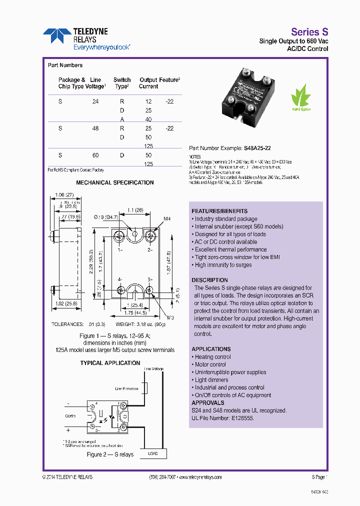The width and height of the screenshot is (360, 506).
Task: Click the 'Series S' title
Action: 309,31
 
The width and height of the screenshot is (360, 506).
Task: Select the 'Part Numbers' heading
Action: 65,65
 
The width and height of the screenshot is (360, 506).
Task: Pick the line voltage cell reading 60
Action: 95,155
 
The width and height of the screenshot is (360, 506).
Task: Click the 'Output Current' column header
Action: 148,83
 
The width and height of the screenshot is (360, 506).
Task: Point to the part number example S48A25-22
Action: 258,148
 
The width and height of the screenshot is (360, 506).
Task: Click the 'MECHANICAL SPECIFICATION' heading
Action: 115,182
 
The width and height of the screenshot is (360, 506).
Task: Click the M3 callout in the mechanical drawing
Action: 170,317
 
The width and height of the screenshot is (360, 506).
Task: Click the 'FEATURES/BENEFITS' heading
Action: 219,211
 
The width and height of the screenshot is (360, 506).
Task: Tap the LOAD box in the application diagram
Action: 153,453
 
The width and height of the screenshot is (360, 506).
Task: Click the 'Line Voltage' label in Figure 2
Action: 153,369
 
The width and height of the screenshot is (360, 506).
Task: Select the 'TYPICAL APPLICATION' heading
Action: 110,363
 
